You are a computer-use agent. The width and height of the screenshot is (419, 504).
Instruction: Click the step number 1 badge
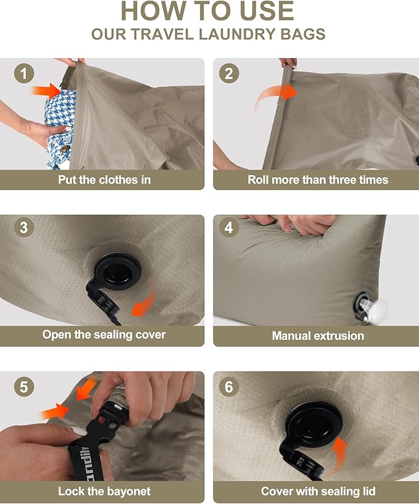point(23,75)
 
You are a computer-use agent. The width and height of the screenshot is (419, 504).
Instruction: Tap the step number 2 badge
point(229,75)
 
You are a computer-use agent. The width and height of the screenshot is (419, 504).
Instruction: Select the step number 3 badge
point(23,227)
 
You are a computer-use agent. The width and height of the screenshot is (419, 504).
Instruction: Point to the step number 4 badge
point(229,227)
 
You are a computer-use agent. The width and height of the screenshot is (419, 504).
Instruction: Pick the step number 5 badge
point(23,387)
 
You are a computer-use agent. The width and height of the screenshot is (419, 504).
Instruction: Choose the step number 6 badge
point(229,387)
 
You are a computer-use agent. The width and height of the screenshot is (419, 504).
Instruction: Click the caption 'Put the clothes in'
point(104,180)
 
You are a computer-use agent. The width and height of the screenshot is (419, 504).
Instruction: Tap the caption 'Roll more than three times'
point(318,180)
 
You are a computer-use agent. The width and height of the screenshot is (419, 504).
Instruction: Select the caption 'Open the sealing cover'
point(104,335)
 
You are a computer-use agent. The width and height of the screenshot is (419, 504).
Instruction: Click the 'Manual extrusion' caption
point(318,336)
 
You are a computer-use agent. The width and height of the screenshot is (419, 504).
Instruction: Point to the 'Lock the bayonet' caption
point(104,492)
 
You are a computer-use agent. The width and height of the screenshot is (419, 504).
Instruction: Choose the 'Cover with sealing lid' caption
point(318,492)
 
